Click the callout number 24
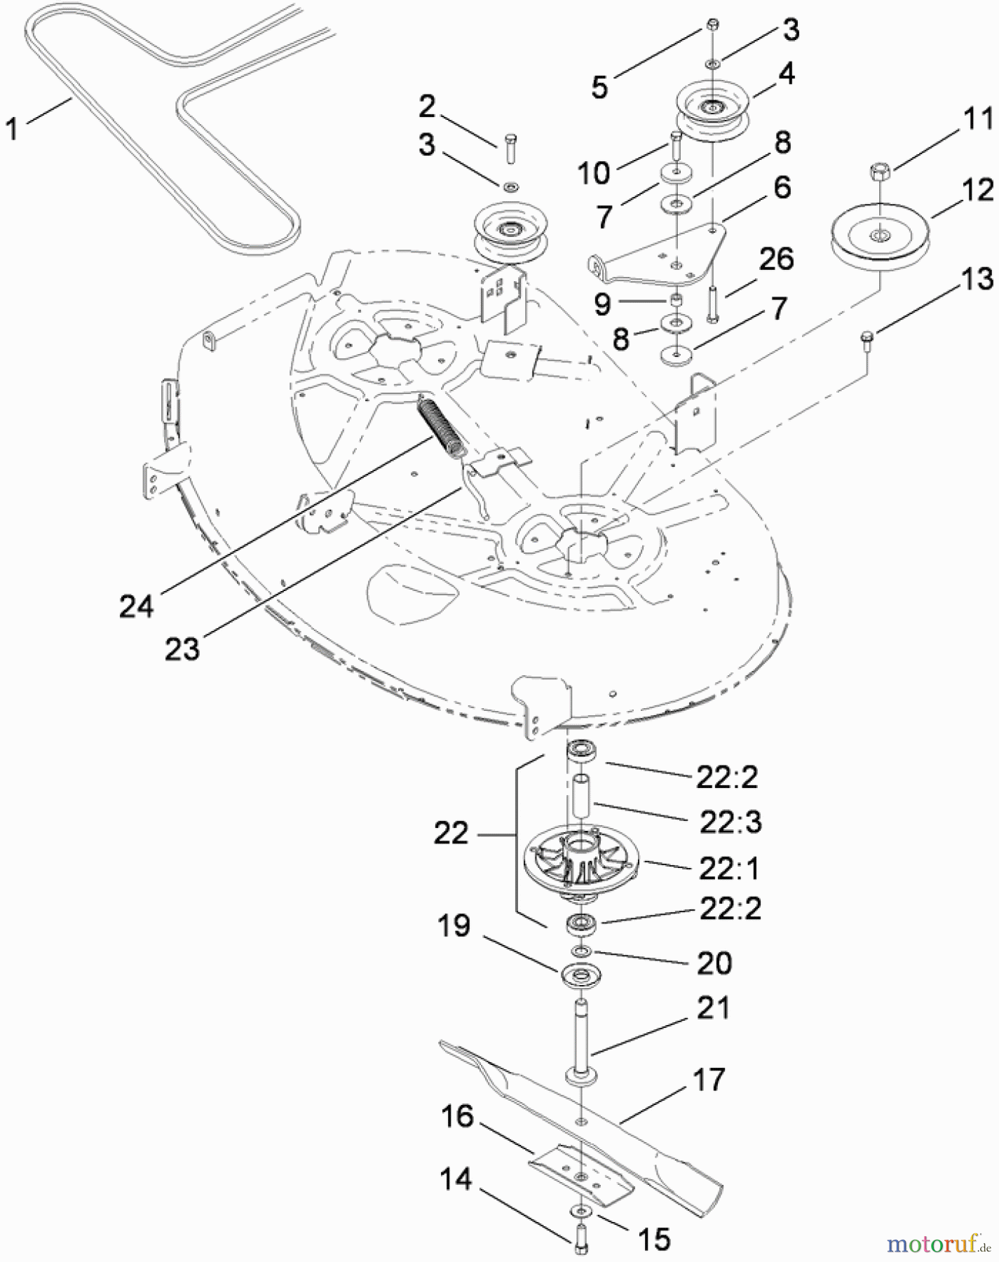[x=136, y=605]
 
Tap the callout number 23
[x=182, y=649]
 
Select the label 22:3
[x=729, y=822]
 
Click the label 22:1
[x=729, y=869]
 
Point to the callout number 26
[x=775, y=259]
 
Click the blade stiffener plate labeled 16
[x=580, y=1179]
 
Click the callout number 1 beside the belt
[x=12, y=130]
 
